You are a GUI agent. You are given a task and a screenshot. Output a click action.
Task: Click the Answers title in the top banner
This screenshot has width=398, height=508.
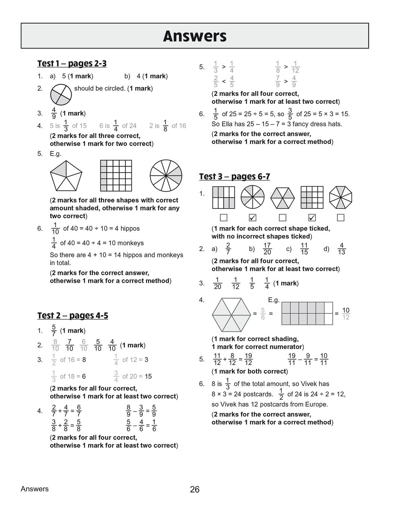pos(195,36)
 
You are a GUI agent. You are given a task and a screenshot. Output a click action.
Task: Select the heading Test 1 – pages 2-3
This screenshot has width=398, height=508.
pos(72,63)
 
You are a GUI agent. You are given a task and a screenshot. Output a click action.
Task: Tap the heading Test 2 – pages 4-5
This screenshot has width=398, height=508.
pos(72,316)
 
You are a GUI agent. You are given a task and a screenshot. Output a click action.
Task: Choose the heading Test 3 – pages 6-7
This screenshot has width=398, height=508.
pos(234,177)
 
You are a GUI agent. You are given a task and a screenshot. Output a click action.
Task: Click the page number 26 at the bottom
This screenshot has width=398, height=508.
pos(195,489)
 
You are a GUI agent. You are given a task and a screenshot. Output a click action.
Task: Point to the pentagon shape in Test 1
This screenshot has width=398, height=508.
pos(66,176)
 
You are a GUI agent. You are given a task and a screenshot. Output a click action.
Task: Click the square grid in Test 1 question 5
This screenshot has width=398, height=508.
pos(115,175)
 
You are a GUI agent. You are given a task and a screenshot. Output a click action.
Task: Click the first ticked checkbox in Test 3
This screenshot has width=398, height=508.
pos(252,217)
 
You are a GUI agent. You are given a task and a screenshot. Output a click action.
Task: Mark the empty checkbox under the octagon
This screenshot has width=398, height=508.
pos(341,217)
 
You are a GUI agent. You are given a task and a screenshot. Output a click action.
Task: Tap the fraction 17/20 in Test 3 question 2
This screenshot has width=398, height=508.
pos(267,249)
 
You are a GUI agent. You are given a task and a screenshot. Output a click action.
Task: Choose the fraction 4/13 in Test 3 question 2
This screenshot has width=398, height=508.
pos(341,249)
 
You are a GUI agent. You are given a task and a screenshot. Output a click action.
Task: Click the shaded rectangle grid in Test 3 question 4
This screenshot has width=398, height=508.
pos(307,313)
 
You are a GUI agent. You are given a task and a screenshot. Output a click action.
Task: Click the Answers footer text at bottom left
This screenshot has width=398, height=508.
pos(35,489)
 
